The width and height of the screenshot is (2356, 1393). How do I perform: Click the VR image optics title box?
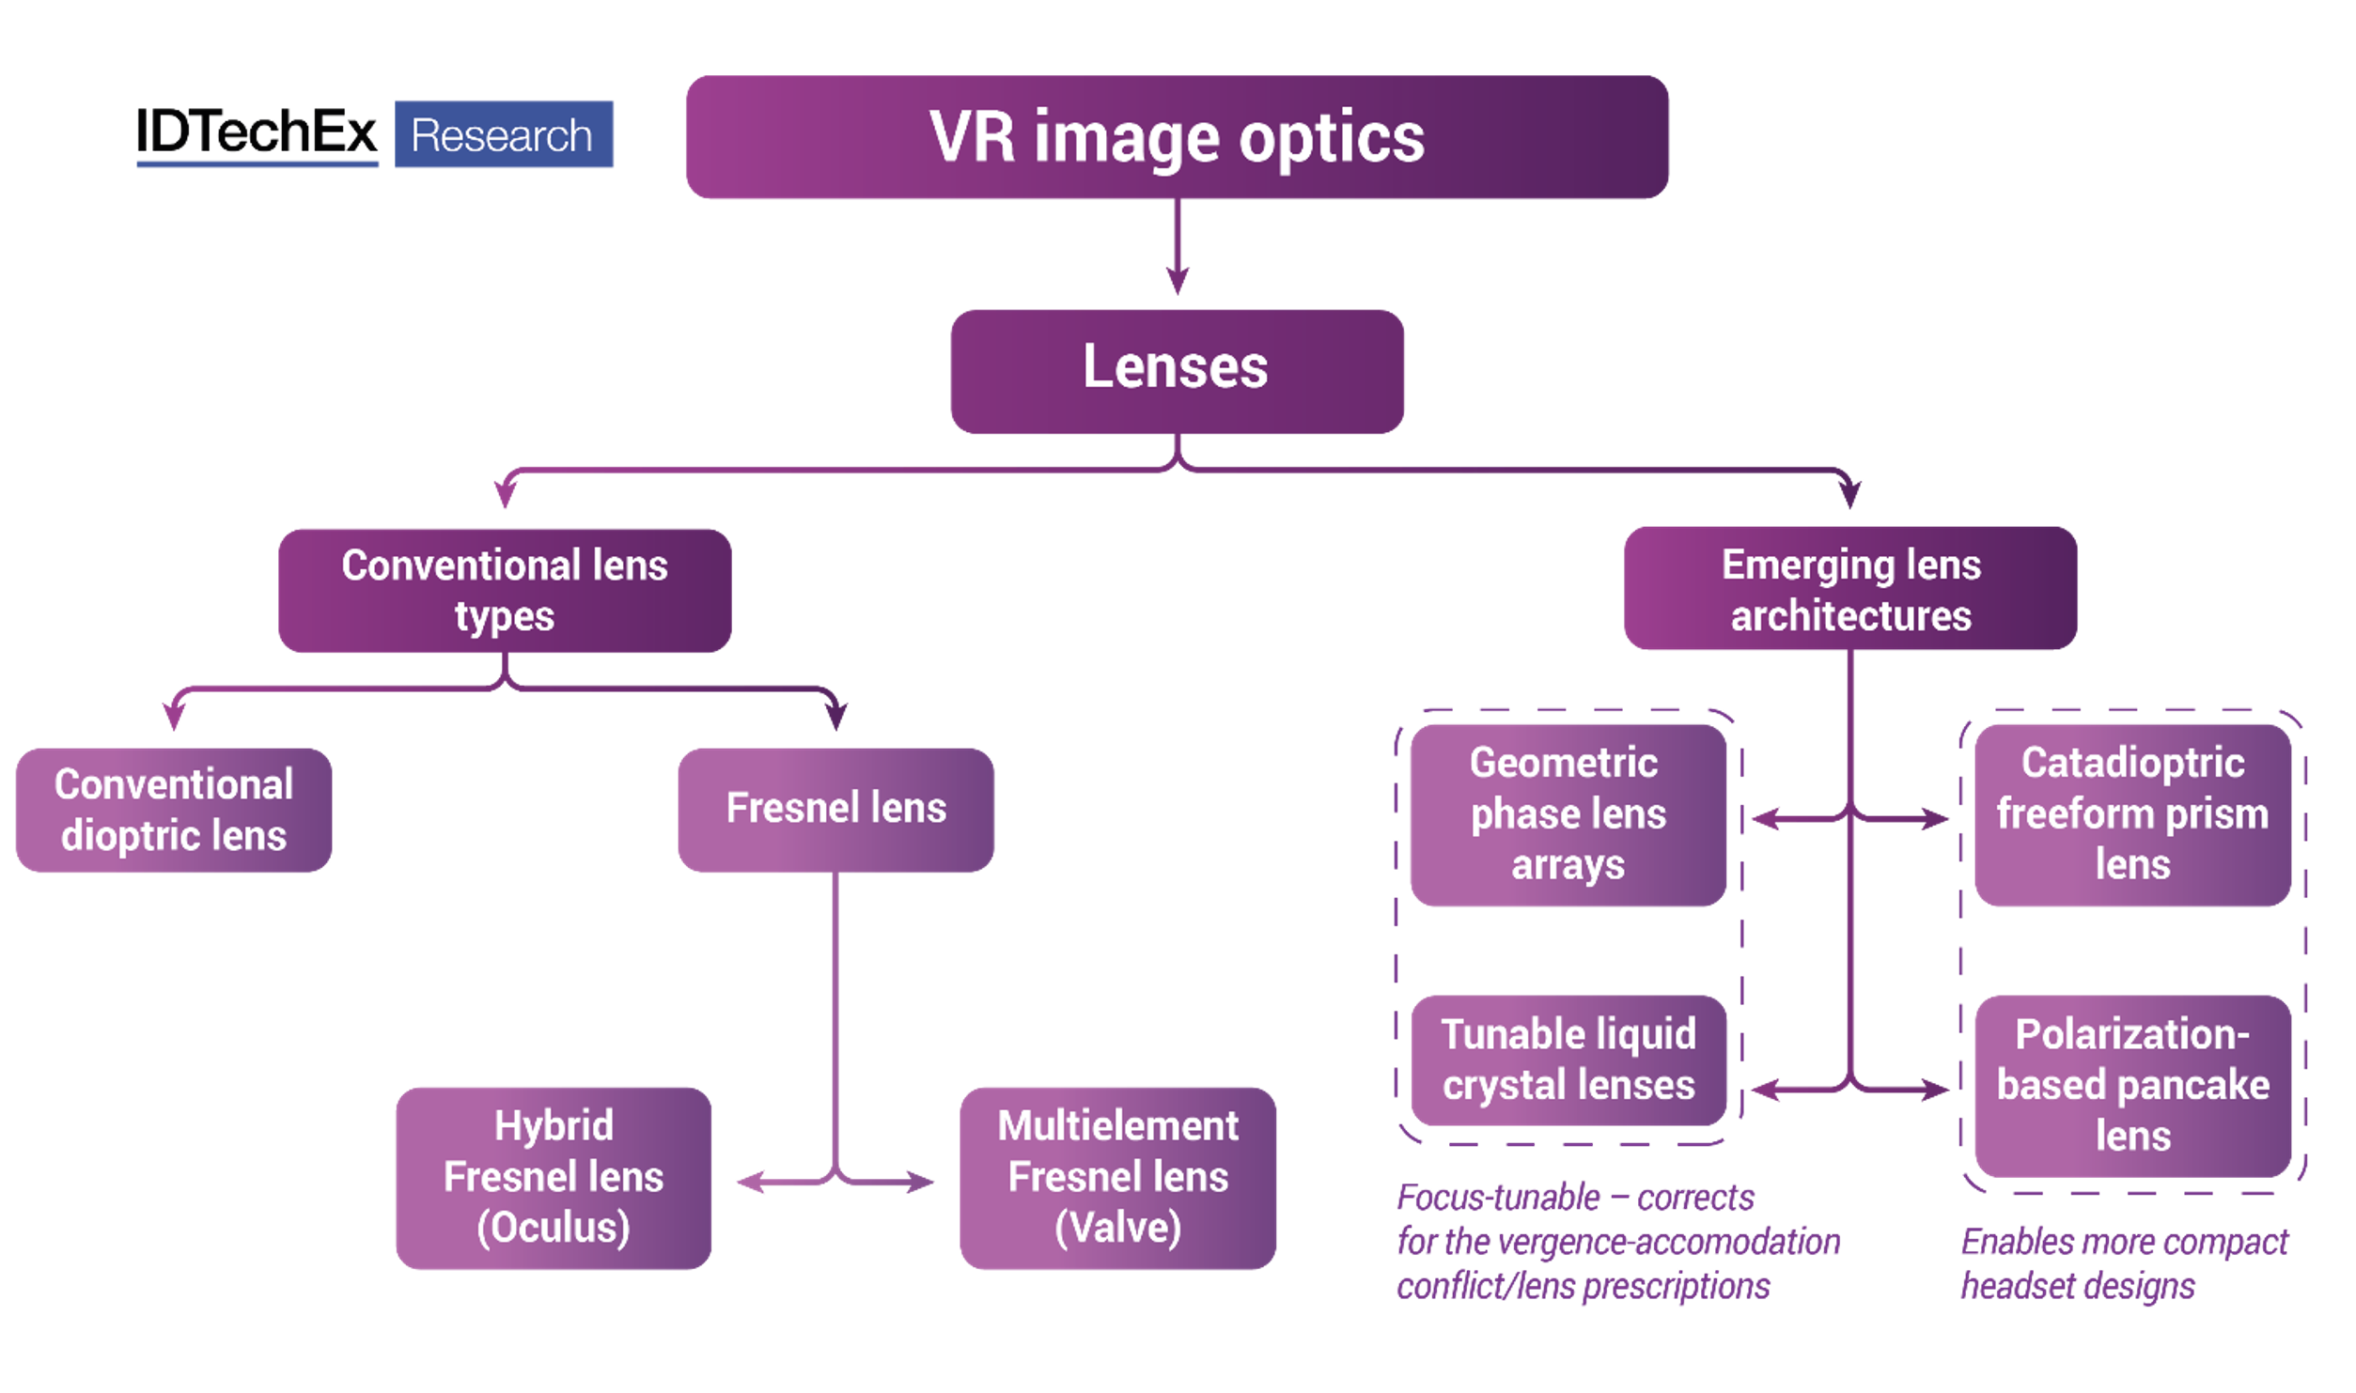pyautogui.click(x=1177, y=137)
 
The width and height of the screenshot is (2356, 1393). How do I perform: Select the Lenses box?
pyautogui.click(x=1177, y=371)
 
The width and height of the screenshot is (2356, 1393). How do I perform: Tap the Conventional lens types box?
pyautogui.click(x=505, y=590)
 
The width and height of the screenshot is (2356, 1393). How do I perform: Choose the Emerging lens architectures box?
pyautogui.click(x=1849, y=589)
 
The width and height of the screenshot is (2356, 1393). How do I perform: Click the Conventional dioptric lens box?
pyautogui.click(x=174, y=810)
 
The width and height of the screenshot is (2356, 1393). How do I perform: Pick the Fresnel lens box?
pyautogui.click(x=835, y=810)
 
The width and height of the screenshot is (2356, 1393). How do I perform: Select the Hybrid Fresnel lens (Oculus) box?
pyautogui.click(x=553, y=1177)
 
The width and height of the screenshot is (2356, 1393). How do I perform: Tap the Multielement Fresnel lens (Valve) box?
pyautogui.click(x=1117, y=1177)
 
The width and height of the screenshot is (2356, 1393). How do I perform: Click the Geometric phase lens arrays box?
pyautogui.click(x=1568, y=814)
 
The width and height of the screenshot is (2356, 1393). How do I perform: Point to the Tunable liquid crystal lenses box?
pyautogui.click(x=1568, y=1060)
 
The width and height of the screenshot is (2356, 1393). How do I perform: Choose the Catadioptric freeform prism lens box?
pyautogui.click(x=2132, y=814)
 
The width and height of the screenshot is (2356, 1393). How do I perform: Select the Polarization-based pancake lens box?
pyautogui.click(x=2132, y=1086)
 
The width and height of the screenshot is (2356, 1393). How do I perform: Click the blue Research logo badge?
pyautogui.click(x=504, y=134)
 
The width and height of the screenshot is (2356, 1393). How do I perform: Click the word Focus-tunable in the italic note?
pyautogui.click(x=1498, y=1198)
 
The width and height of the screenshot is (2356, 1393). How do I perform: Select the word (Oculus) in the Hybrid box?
pyautogui.click(x=553, y=1228)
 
